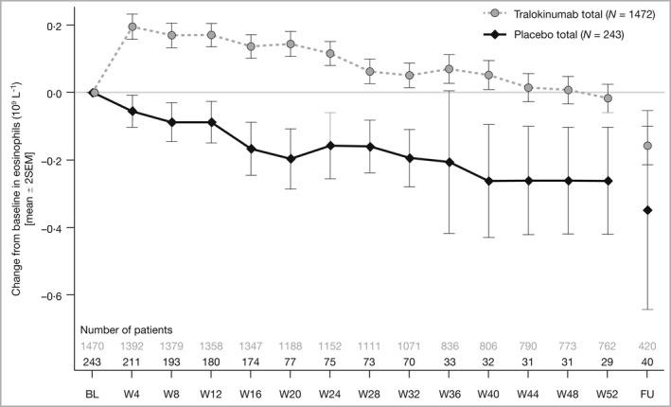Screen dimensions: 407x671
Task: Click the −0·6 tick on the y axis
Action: click(x=62, y=296)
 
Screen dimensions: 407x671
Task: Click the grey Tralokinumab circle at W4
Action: click(x=132, y=27)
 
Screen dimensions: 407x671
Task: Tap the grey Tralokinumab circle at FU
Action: click(x=647, y=146)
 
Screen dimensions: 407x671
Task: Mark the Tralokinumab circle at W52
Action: click(x=608, y=98)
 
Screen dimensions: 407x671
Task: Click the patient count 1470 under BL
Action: click(x=93, y=346)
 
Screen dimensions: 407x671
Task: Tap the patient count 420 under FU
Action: click(x=647, y=346)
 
